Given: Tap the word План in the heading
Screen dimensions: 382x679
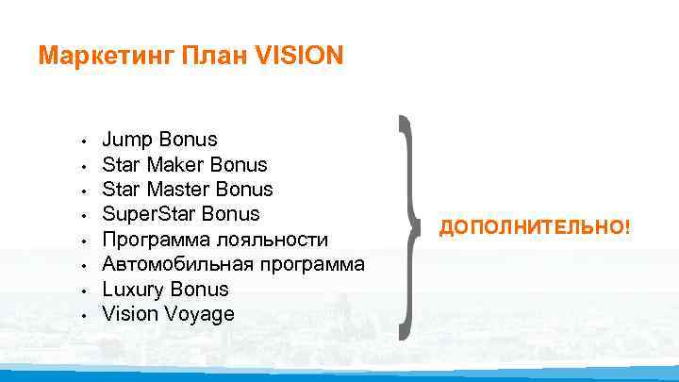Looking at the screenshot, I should coord(207,57).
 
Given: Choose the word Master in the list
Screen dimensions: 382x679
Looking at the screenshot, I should coord(180,191).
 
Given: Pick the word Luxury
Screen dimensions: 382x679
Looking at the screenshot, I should coord(133,289).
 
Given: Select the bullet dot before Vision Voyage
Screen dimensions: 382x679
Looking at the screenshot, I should coord(84,315).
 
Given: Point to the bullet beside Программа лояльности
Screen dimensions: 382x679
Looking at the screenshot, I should coord(84,241).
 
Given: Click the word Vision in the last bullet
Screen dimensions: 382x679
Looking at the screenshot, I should coord(127,313).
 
